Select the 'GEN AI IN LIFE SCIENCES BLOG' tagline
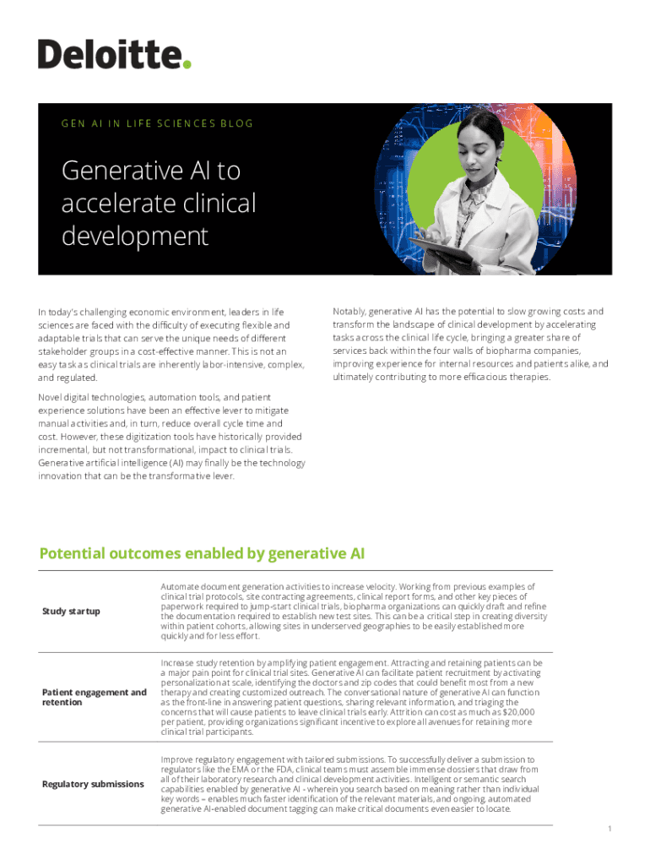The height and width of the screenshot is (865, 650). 157,123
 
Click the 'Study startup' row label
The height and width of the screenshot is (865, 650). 71,611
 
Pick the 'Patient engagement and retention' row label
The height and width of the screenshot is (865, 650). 94,697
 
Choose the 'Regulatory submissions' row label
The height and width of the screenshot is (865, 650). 93,784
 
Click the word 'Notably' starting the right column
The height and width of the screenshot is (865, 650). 349,312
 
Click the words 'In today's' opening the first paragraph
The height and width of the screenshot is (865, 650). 60,313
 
